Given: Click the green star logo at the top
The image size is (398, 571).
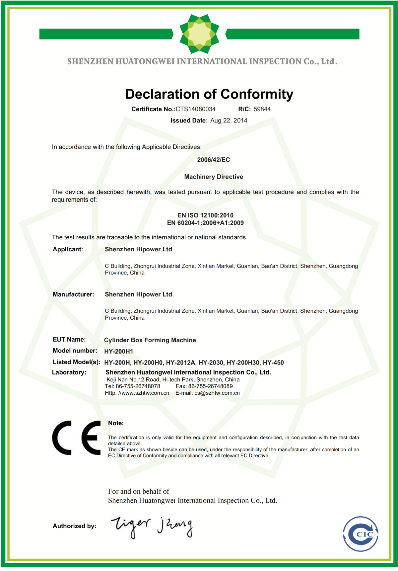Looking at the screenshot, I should pyautogui.click(x=199, y=34).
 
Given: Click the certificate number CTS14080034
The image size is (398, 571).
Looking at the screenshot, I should pyautogui.click(x=195, y=109).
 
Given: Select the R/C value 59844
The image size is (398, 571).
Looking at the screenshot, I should pyautogui.click(x=262, y=109).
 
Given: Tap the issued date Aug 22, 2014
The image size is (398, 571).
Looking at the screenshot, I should pyautogui.click(x=229, y=121).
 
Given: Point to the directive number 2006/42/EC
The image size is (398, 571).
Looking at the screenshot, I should pyautogui.click(x=213, y=160).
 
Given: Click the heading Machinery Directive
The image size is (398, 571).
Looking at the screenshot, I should pyautogui.click(x=213, y=177).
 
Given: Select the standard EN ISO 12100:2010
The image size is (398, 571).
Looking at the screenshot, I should pyautogui.click(x=205, y=215).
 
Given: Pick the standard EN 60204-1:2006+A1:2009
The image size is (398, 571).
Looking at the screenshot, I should pyautogui.click(x=205, y=223).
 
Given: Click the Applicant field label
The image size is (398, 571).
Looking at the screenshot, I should pyautogui.click(x=68, y=249).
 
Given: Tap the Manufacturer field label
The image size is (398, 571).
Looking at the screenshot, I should pyautogui.click(x=73, y=294).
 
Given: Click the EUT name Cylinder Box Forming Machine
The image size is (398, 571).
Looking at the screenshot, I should pyautogui.click(x=150, y=340).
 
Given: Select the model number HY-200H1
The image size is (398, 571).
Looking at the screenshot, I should pyautogui.click(x=118, y=352).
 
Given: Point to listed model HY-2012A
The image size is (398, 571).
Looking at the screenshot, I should pyautogui.click(x=181, y=363).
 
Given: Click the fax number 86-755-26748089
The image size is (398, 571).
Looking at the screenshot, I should pyautogui.click(x=210, y=386).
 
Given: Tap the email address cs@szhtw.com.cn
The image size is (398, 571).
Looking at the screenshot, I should pyautogui.click(x=217, y=393).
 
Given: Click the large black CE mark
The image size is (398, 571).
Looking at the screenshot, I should pyautogui.click(x=77, y=438).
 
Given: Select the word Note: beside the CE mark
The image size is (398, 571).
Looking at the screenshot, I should pyautogui.click(x=116, y=423).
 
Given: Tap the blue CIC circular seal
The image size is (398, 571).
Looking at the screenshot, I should pyautogui.click(x=361, y=534).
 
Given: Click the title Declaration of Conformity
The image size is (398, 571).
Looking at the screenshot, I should pyautogui.click(x=209, y=94).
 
